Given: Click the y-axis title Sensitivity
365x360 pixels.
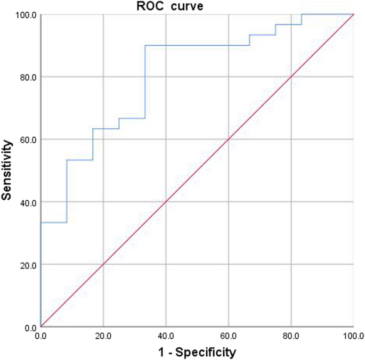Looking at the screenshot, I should tap(7, 170).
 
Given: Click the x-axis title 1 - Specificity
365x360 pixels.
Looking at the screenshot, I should tap(197, 351).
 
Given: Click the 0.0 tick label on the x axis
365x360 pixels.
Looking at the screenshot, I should tap(41, 336).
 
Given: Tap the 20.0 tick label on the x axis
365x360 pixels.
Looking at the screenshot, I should tap(103, 336).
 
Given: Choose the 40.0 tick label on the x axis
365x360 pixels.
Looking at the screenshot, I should tap(166, 336).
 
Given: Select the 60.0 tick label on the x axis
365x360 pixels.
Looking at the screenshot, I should tap(229, 336).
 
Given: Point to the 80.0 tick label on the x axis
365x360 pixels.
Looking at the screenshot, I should tap(291, 336).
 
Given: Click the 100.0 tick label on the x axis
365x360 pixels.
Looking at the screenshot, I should tap(353, 336).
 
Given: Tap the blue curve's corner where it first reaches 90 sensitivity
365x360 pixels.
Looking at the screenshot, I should tap(145, 45).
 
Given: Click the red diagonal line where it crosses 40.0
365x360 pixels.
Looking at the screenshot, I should tap(166, 202).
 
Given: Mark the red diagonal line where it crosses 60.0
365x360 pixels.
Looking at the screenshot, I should tap(229, 140).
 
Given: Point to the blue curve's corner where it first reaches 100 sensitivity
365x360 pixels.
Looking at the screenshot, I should tap(302, 14).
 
